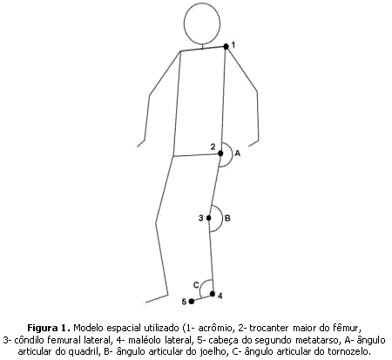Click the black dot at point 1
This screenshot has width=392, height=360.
(226, 46)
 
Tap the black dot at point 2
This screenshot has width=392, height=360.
(220, 153)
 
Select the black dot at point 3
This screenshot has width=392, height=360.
(209, 218)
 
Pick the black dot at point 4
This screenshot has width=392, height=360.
(213, 294)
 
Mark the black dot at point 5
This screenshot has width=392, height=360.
(192, 302)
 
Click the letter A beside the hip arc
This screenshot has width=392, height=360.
(238, 153)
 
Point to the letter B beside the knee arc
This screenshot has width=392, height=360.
(227, 218)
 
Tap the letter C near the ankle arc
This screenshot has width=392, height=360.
(196, 285)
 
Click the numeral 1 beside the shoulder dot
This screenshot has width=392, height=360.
(233, 45)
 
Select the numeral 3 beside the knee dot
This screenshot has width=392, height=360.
(201, 218)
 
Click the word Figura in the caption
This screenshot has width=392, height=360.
(43, 329)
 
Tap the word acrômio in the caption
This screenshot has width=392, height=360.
(216, 329)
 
